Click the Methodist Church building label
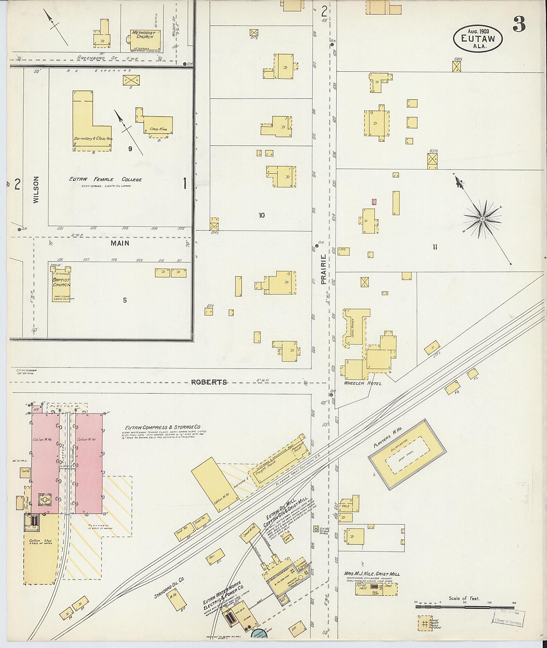[x=142, y=34]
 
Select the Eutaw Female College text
[x=106, y=179]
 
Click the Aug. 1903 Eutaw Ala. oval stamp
[x=478, y=38]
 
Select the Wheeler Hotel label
[x=362, y=383]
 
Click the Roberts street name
[x=209, y=382]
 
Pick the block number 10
[x=262, y=215]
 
